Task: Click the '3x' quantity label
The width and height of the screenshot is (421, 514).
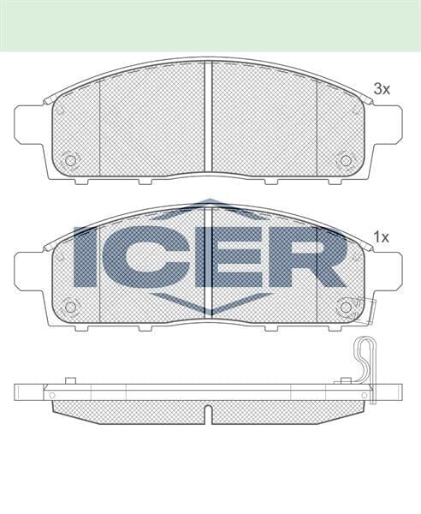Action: coord(382,88)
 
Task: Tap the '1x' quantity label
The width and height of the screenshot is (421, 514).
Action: coord(382,236)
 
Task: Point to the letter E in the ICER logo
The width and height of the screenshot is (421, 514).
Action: coord(220,256)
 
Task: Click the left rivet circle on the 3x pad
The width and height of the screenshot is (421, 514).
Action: coord(71,159)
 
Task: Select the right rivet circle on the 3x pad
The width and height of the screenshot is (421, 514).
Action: coord(347,159)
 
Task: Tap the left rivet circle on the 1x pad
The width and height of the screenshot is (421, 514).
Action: coord(71,307)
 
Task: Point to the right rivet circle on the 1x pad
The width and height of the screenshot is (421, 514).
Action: coord(347,307)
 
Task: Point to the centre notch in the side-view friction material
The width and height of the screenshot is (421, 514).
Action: coord(210,413)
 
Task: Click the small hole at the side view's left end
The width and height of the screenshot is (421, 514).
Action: coord(53,393)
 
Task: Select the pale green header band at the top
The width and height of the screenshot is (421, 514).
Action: coord(210,25)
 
